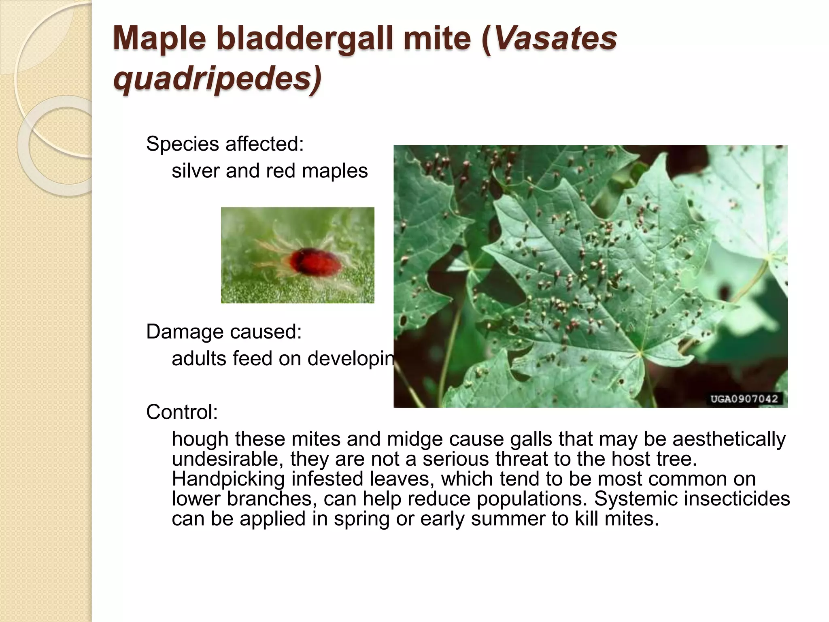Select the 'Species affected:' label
pos(225,144)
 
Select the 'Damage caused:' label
pos(224,332)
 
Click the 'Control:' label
pos(182,412)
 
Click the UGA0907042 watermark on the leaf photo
pos(744,398)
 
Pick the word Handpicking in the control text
pos(228,479)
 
